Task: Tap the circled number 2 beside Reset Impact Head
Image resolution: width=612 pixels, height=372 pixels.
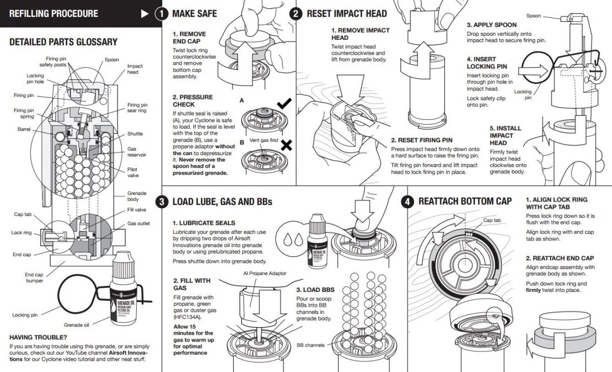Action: pyautogui.click(x=296, y=14)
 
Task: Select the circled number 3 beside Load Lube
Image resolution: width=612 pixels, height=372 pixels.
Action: pyautogui.click(x=162, y=202)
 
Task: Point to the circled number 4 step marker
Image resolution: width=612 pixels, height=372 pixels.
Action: pyautogui.click(x=407, y=202)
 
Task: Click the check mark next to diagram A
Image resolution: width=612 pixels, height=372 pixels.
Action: pyautogui.click(x=284, y=104)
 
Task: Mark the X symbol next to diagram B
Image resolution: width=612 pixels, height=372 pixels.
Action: pyautogui.click(x=287, y=146)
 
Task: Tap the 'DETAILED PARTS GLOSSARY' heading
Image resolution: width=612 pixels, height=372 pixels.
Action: pyautogui.click(x=63, y=42)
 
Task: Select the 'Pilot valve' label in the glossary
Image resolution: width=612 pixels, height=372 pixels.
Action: pyautogui.click(x=133, y=172)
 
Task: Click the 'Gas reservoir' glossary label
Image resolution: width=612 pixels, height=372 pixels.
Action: pyautogui.click(x=135, y=152)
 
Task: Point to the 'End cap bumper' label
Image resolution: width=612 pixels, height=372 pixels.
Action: pyautogui.click(x=34, y=278)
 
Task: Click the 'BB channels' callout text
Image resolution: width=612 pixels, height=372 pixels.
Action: pyautogui.click(x=311, y=345)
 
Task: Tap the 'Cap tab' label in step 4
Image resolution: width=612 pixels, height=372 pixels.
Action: pyautogui.click(x=492, y=220)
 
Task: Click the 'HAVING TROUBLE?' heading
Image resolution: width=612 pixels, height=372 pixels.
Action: pyautogui.click(x=38, y=337)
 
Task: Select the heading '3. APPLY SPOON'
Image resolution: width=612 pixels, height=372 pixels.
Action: pyautogui.click(x=491, y=24)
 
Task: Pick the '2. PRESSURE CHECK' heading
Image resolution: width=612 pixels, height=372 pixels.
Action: pyautogui.click(x=192, y=101)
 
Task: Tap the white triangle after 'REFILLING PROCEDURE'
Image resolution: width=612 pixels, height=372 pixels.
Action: pyautogui.click(x=145, y=14)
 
